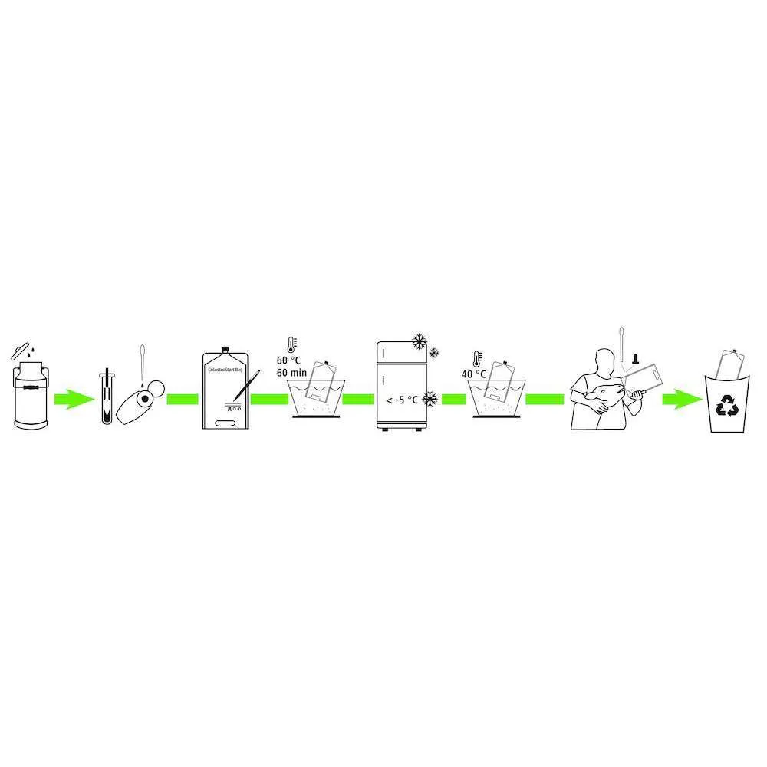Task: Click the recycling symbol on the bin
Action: pos(726,406)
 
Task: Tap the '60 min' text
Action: pos(291,373)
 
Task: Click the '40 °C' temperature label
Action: pos(473,374)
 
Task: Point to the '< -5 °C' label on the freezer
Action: pos(402,400)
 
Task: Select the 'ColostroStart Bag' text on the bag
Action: pos(225,370)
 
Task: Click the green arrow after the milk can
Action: pos(74,399)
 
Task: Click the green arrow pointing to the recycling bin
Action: pos(683,399)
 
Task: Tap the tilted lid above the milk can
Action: pos(21,351)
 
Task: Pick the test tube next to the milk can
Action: pos(107,397)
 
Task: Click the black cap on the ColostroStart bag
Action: pos(225,349)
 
